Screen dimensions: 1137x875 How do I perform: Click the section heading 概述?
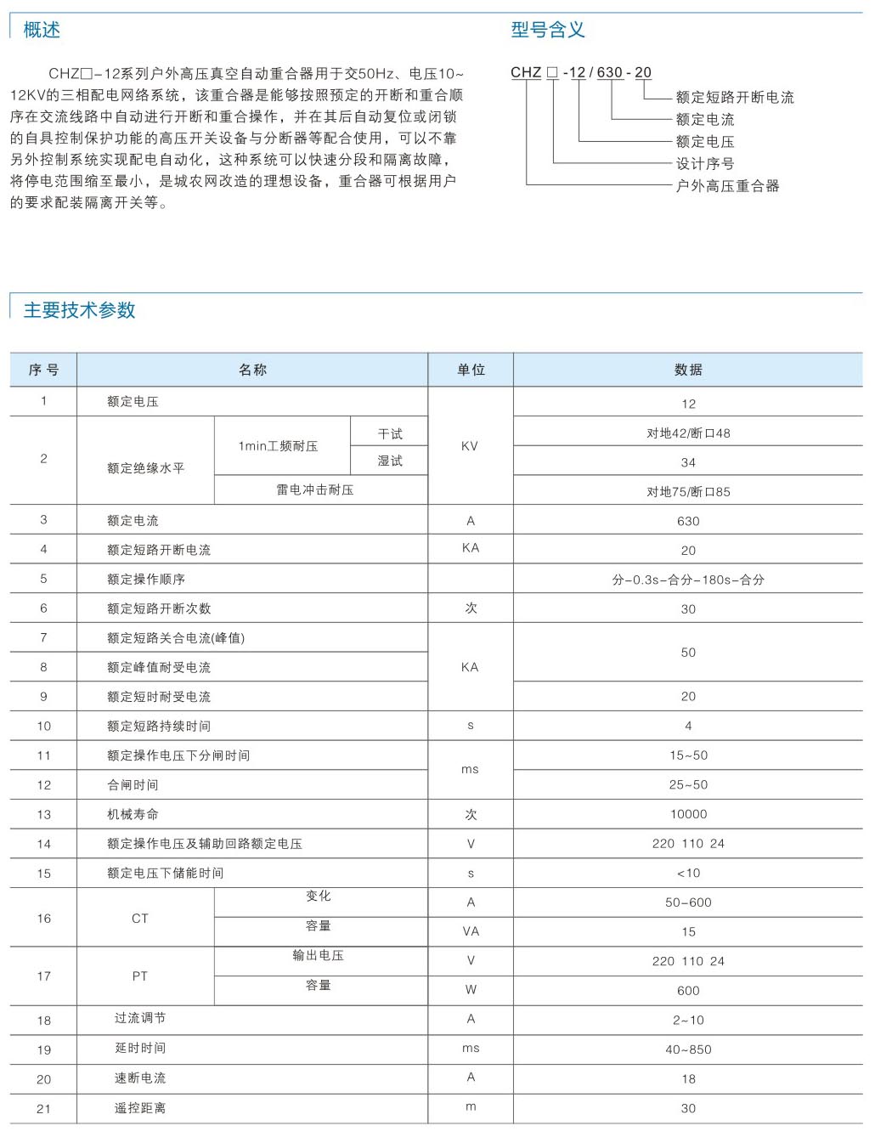point(42,30)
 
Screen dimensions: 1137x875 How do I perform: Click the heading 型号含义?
point(547,30)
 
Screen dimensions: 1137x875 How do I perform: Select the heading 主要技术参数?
point(79,310)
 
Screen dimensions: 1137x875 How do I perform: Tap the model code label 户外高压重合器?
point(727,185)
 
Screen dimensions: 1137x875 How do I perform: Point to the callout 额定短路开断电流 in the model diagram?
point(735,97)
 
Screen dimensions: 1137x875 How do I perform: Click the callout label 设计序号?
point(704,163)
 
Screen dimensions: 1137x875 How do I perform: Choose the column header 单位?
point(471,370)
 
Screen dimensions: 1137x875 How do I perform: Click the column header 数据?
point(688,370)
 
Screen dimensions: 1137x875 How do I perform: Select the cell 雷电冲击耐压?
point(314,489)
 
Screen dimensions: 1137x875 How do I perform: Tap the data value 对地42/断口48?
point(688,433)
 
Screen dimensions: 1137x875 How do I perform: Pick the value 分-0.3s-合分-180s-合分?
point(688,580)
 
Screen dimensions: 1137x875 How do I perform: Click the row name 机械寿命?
point(133,814)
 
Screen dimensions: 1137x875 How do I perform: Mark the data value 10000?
point(688,814)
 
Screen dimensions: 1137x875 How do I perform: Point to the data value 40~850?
point(688,1049)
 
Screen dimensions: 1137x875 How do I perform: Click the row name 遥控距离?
point(140,1108)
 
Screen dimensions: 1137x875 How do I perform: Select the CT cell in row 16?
point(140,919)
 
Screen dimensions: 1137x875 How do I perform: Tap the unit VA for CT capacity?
point(471,931)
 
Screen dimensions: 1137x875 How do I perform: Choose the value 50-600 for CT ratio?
point(688,902)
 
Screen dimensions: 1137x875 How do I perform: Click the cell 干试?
point(390,434)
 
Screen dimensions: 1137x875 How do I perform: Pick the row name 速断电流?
point(140,1078)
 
